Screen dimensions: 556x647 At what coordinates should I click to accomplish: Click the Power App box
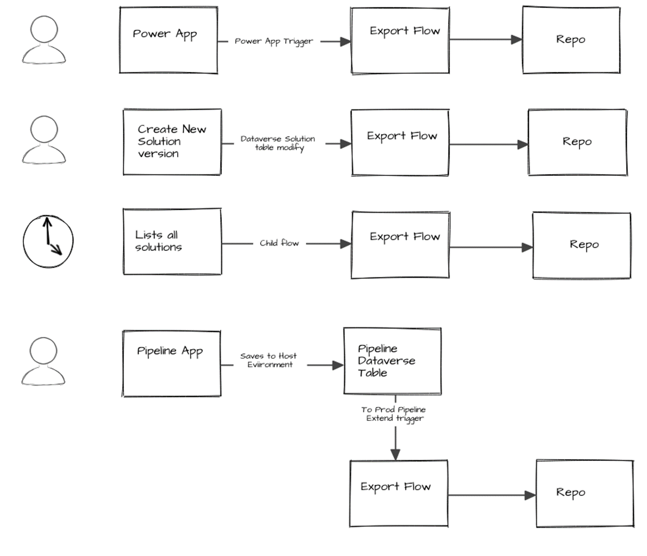click(168, 40)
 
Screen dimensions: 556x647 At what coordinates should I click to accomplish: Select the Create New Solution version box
click(172, 142)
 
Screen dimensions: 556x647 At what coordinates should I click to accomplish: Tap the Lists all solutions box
click(172, 241)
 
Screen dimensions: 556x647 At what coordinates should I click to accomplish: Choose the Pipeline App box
click(171, 363)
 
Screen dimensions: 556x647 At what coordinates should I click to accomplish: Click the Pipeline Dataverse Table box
click(392, 361)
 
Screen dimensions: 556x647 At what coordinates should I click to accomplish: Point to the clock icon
click(48, 242)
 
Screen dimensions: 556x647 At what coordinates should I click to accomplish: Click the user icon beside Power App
click(44, 40)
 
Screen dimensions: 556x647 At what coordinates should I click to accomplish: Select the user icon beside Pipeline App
click(44, 361)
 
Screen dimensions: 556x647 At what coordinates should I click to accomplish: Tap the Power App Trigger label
click(274, 41)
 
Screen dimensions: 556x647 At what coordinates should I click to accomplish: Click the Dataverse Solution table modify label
click(278, 143)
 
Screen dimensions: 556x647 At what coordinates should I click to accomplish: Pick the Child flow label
click(279, 243)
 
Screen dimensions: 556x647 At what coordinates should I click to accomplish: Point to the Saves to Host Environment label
click(269, 360)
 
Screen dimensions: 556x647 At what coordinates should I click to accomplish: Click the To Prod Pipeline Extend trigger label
click(394, 414)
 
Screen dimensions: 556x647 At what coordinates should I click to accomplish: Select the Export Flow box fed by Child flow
click(400, 245)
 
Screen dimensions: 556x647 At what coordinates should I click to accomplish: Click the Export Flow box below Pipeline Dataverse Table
click(399, 493)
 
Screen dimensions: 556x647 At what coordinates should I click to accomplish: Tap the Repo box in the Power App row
click(571, 40)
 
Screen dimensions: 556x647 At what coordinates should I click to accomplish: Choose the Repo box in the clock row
click(582, 245)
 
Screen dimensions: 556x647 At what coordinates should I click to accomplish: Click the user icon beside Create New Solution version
click(44, 140)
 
